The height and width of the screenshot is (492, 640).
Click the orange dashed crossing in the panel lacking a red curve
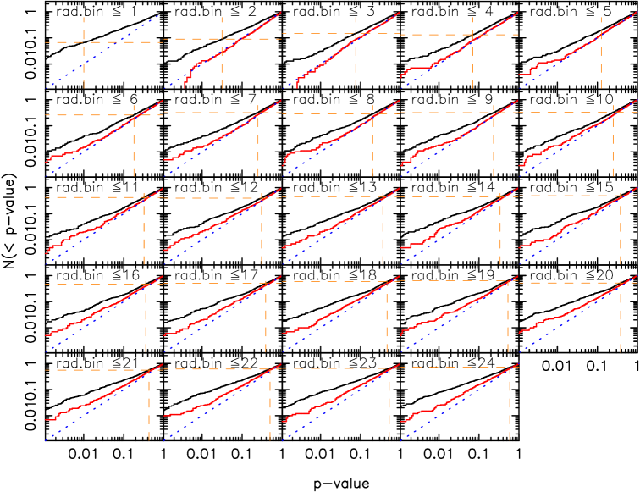point(84,42)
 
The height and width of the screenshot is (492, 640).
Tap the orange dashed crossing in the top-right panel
point(601,30)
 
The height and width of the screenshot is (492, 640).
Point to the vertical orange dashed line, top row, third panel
point(356,64)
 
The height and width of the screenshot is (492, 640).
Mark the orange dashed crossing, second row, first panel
point(134,114)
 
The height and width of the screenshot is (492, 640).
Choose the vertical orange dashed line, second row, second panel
point(257,148)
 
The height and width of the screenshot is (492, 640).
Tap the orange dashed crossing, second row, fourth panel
point(493,112)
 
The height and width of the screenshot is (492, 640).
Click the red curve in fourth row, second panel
point(220,310)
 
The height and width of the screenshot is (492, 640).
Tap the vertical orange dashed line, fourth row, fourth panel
point(508,322)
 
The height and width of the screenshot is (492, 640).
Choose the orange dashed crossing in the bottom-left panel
point(149,370)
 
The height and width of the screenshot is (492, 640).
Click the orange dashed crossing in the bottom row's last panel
point(510,368)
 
